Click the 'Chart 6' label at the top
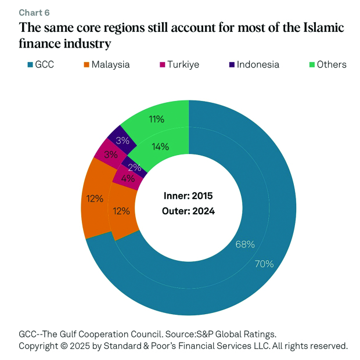click(34, 13)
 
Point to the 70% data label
click(264, 264)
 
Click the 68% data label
click(245, 244)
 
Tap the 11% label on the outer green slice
click(156, 119)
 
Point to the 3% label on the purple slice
click(123, 140)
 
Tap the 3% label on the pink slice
click(110, 155)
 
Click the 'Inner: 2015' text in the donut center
click(188, 196)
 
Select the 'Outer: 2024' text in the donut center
click(188, 211)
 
